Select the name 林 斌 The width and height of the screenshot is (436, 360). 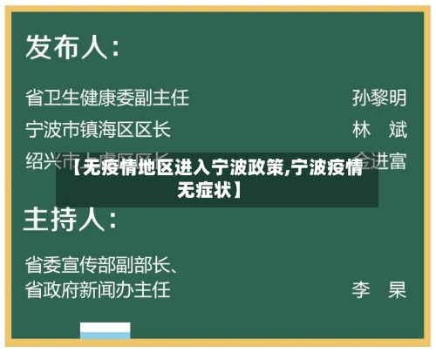(x=379, y=130)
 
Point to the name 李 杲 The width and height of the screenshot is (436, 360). (x=379, y=289)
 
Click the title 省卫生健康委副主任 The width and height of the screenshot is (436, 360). (x=107, y=97)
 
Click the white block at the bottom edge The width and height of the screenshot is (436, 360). (x=106, y=331)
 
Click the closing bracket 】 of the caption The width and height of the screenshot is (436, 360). (x=238, y=187)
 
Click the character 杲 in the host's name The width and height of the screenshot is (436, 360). (x=398, y=289)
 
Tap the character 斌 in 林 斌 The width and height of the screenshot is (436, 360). (x=398, y=130)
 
